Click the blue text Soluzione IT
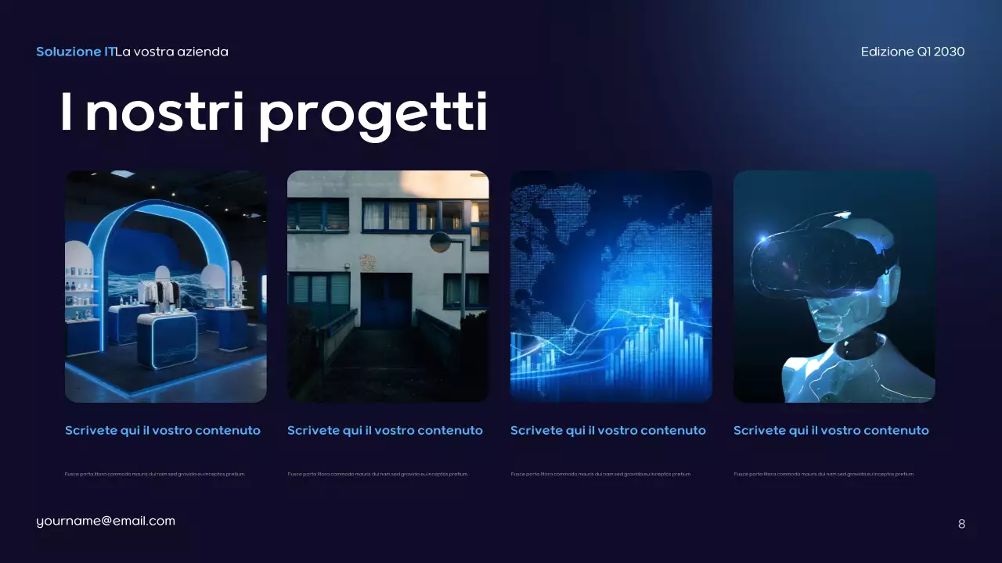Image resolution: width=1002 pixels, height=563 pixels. [75, 52]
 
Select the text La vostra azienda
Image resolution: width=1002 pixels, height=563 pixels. [172, 52]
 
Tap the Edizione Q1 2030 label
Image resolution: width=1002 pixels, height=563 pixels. [912, 52]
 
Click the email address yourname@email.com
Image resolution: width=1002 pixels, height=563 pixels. [106, 521]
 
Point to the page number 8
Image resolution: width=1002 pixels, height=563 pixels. [961, 524]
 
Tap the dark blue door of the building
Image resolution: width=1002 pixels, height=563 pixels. [385, 300]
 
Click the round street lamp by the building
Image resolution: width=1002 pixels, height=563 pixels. [440, 242]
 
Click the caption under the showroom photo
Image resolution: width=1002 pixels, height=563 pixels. [163, 431]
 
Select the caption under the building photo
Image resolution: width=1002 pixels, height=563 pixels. [385, 431]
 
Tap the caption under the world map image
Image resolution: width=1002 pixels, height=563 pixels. [608, 431]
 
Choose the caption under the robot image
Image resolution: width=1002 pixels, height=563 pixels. [831, 431]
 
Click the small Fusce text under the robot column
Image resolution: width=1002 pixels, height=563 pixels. [824, 474]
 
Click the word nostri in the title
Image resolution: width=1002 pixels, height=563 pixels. [164, 113]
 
